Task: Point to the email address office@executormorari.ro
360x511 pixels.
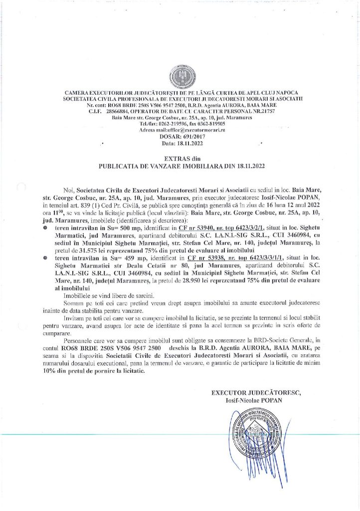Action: tap(194, 129)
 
